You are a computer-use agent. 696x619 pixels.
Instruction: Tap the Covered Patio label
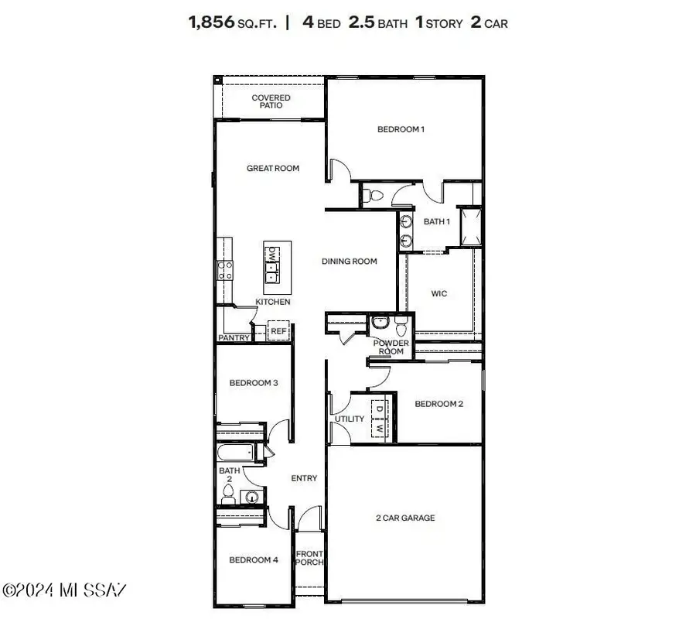tap(271, 101)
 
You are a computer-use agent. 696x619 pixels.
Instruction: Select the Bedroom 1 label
tap(401, 129)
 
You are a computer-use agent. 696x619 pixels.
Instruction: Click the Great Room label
tap(273, 168)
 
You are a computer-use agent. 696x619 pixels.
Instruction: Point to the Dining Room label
tap(350, 262)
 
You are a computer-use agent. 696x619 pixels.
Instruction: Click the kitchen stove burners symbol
tap(225, 270)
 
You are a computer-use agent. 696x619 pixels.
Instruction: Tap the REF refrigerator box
tap(278, 331)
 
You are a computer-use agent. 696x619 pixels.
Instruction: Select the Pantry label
tap(234, 338)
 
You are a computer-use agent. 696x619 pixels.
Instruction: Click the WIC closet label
tap(438, 294)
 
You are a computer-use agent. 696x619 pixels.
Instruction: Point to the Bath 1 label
tap(437, 221)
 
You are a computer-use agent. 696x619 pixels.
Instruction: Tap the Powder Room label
tap(391, 347)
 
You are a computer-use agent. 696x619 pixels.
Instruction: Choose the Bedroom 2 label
tap(438, 403)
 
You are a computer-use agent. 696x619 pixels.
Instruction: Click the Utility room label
tap(349, 419)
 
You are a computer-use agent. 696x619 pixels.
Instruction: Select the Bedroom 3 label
tap(254, 383)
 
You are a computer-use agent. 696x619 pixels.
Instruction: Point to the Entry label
tap(304, 478)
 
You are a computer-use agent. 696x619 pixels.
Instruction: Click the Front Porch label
tap(309, 557)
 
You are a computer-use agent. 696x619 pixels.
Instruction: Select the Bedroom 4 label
tap(254, 559)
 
